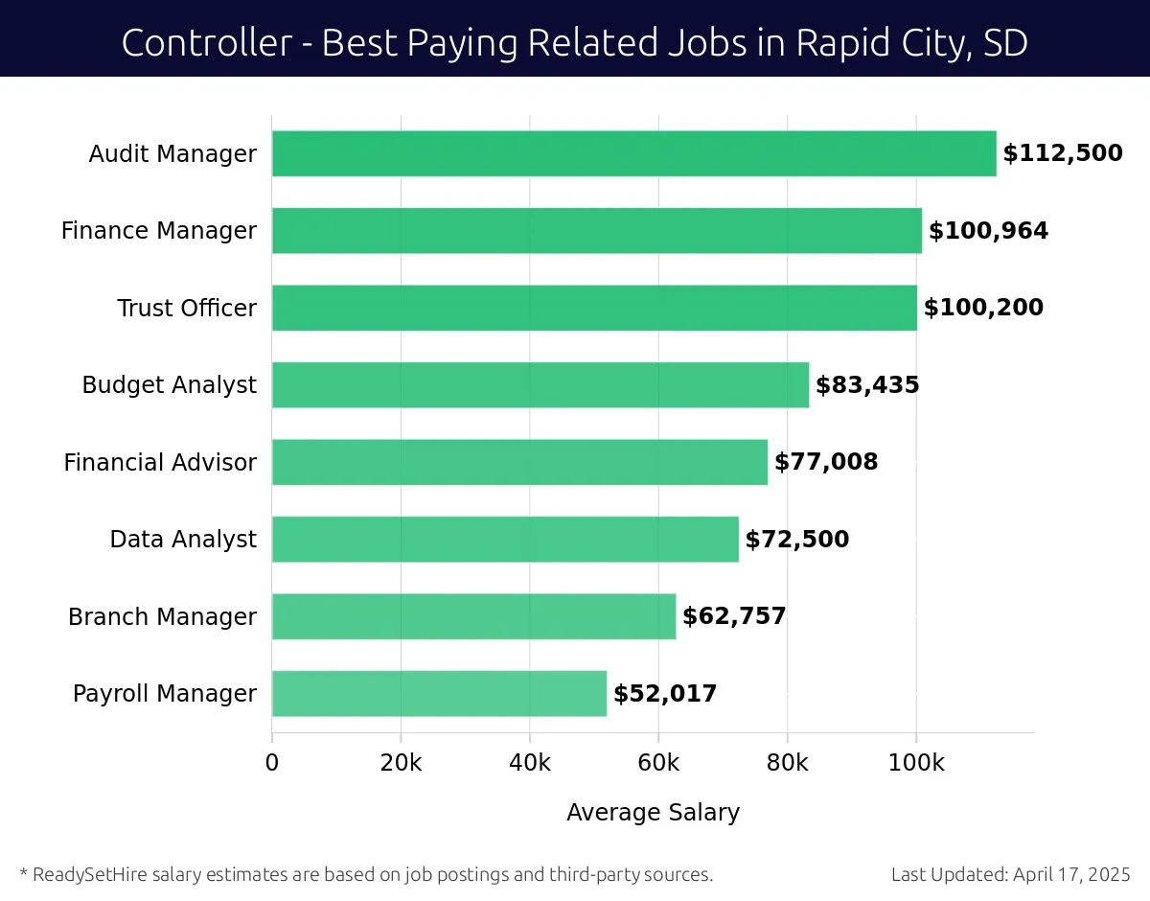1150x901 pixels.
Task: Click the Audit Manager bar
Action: pyautogui.click(x=633, y=153)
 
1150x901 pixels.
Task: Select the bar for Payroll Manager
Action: pyautogui.click(x=439, y=693)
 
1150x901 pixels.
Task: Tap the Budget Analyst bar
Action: pyautogui.click(x=540, y=384)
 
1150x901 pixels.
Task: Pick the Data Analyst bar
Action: pyautogui.click(x=505, y=539)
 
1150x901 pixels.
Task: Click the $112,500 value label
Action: pyautogui.click(x=1062, y=153)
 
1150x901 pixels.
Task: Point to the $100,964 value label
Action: pyautogui.click(x=988, y=231)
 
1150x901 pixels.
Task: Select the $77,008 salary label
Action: pyautogui.click(x=825, y=462)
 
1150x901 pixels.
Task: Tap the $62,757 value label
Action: pyautogui.click(x=733, y=616)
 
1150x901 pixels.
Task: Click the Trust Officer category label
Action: pyautogui.click(x=187, y=308)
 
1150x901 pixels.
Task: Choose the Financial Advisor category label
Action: pyautogui.click(x=160, y=462)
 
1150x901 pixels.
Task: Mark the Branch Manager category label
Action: pyautogui.click(x=162, y=616)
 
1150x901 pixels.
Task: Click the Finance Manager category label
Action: pyautogui.click(x=159, y=231)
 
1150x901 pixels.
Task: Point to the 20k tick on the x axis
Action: pyautogui.click(x=401, y=763)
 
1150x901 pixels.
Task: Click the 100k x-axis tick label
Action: pyautogui.click(x=915, y=763)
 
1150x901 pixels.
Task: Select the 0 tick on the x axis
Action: pyautogui.click(x=272, y=763)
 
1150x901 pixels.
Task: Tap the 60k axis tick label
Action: pyautogui.click(x=658, y=763)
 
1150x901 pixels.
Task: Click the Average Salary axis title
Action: pyautogui.click(x=653, y=813)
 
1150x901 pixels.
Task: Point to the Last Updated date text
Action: pyautogui.click(x=1010, y=874)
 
